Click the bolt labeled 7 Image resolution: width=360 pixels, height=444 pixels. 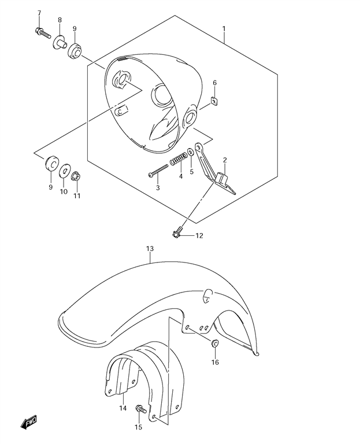[43, 33]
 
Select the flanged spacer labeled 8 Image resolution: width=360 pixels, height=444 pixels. [60, 43]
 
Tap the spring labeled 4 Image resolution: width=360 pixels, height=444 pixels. [179, 160]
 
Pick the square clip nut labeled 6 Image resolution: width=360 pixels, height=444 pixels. [214, 101]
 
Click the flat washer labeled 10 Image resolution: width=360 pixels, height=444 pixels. [65, 170]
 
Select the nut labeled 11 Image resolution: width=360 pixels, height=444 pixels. [76, 177]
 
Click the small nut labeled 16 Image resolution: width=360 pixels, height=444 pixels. [215, 343]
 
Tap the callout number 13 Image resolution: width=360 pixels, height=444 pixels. [150, 249]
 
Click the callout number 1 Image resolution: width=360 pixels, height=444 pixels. [224, 28]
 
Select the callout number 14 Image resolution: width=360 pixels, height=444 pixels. [123, 408]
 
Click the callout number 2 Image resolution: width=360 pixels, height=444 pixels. [225, 160]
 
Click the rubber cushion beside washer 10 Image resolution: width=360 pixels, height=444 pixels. [52, 163]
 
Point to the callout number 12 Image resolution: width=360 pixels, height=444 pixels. [199, 236]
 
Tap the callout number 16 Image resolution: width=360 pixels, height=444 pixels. [215, 362]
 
